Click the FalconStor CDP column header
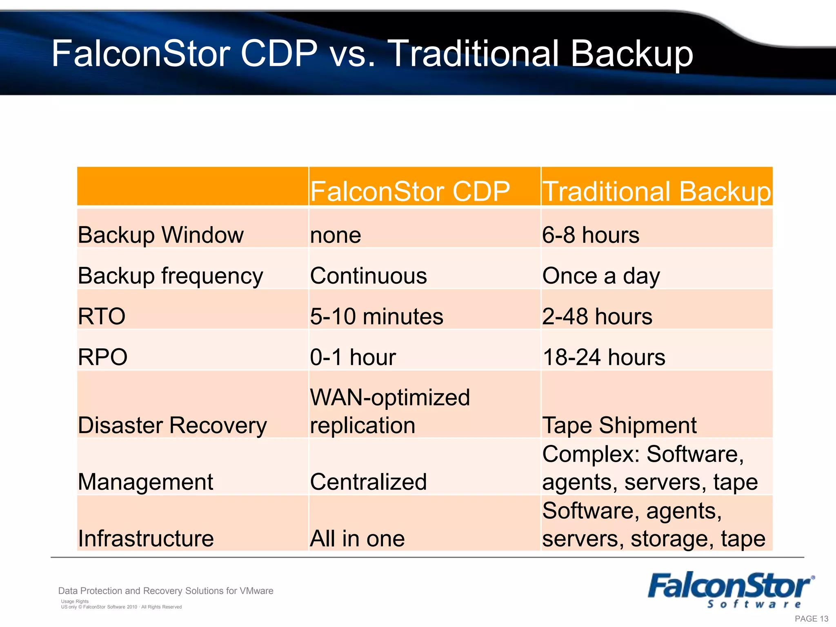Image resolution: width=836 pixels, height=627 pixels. click(x=410, y=191)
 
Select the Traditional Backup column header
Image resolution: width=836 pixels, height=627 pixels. click(x=656, y=191)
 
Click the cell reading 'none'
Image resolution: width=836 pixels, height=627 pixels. click(x=336, y=236)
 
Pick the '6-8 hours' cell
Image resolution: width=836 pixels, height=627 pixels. click(x=591, y=235)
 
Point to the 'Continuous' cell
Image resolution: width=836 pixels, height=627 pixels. click(x=368, y=276)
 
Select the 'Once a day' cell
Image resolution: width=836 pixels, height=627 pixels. click(x=601, y=276)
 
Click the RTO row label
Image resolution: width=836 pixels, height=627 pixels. click(x=102, y=316)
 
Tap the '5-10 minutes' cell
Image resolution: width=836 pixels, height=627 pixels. click(x=376, y=316)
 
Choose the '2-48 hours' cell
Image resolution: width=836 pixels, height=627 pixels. click(x=597, y=316)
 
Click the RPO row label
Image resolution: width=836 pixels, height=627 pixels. click(x=102, y=357)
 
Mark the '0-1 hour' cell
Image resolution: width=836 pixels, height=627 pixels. click(x=353, y=357)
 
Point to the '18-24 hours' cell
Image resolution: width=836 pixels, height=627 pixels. click(x=604, y=357)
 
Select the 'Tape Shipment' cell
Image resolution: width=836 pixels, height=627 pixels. click(x=619, y=425)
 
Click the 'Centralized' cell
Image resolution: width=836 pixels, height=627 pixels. click(x=368, y=482)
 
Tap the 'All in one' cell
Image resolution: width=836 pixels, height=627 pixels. click(x=357, y=538)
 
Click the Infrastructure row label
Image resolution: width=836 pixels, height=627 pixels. click(x=146, y=538)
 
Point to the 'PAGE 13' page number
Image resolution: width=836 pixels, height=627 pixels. click(x=812, y=619)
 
